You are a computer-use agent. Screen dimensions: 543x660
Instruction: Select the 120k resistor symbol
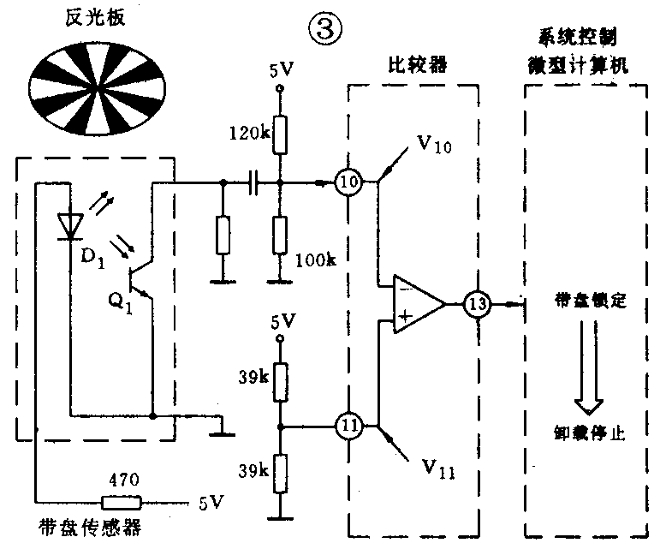click(277, 135)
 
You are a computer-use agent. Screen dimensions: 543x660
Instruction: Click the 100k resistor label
click(315, 260)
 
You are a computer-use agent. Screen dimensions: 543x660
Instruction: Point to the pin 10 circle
click(347, 182)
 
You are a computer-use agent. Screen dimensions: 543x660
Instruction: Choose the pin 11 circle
click(347, 423)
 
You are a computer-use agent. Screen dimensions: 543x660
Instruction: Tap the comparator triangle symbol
click(416, 303)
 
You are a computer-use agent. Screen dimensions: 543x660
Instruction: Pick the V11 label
click(437, 468)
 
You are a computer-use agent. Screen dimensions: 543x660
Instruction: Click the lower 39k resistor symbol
click(277, 472)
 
